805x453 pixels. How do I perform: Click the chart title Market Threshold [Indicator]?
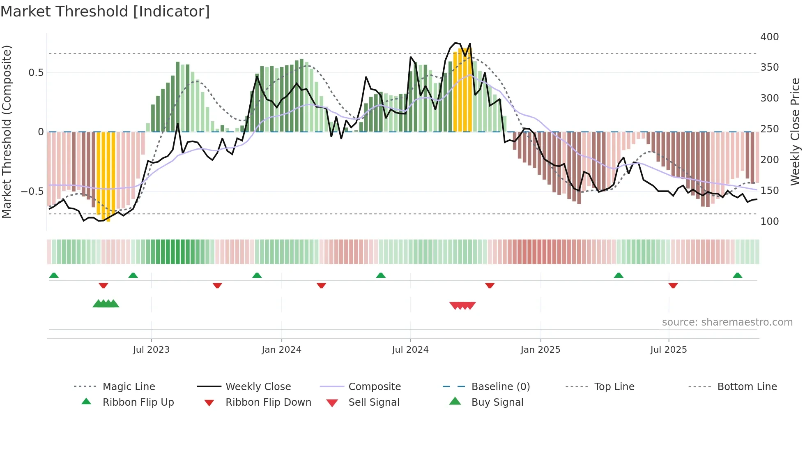(105, 12)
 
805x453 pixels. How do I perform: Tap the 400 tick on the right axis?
(769, 37)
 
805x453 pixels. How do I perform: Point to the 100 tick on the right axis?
(769, 222)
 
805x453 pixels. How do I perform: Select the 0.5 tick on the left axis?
(36, 73)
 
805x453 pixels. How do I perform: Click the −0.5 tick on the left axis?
(32, 192)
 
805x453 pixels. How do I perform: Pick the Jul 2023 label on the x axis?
(151, 350)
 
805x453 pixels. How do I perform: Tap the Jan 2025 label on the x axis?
(540, 350)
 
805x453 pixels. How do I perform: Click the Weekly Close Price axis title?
(795, 132)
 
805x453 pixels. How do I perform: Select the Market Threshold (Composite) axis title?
(7, 132)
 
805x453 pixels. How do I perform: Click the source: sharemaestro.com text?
(727, 322)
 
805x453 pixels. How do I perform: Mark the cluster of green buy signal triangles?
(106, 304)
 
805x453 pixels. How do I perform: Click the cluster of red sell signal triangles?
(462, 305)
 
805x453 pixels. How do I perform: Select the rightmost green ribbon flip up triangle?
(737, 275)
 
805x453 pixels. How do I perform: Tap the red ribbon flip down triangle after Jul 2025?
(673, 285)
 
